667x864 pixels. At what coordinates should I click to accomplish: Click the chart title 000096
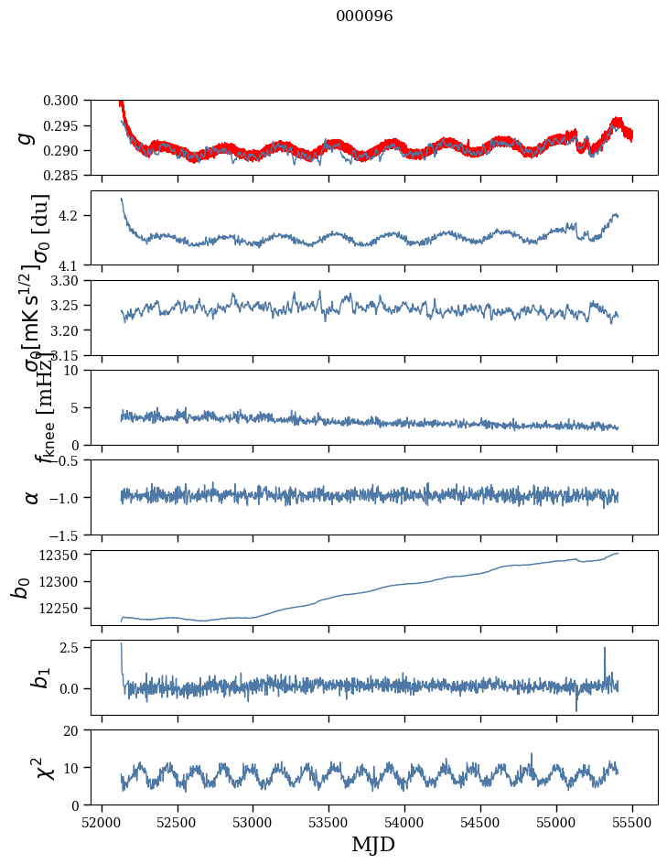[364, 16]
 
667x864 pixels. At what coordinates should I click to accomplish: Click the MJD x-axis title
[373, 844]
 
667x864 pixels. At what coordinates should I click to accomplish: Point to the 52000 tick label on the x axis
[102, 821]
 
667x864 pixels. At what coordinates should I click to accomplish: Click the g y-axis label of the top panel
[27, 137]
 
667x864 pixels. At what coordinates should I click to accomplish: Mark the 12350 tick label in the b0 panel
[64, 555]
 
